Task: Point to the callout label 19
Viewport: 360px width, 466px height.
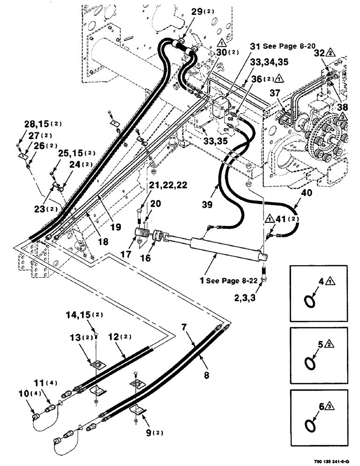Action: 116,227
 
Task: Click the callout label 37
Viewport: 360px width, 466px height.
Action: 275,94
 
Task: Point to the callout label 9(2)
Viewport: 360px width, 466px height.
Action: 147,425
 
